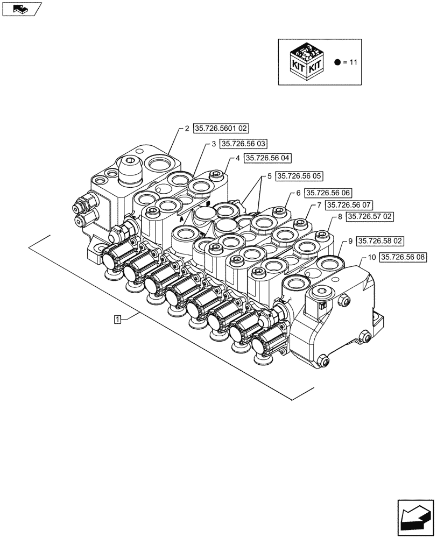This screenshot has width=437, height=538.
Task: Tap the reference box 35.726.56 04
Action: pos(267,158)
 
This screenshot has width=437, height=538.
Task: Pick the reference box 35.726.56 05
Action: pos(299,176)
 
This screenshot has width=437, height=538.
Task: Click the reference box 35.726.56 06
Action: pos(328,193)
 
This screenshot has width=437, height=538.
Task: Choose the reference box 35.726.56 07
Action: pos(349,205)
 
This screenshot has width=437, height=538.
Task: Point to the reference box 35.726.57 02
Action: pos(371,216)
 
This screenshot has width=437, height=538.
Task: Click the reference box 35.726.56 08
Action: pos(403,258)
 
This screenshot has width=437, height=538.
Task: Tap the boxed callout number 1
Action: pos(117,319)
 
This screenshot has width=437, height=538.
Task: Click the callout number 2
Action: pos(187,129)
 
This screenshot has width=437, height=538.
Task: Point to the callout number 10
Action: pos(372,258)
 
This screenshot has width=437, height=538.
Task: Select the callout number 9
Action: pos(350,241)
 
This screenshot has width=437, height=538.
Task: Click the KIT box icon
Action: pos(305,61)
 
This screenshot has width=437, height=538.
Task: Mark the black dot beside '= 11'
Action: pos(337,62)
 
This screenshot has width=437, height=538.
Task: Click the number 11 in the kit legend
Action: pos(353,62)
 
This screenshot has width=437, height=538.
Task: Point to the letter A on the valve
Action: pos(181,220)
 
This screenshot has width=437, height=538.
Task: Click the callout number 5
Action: pos(269,176)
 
